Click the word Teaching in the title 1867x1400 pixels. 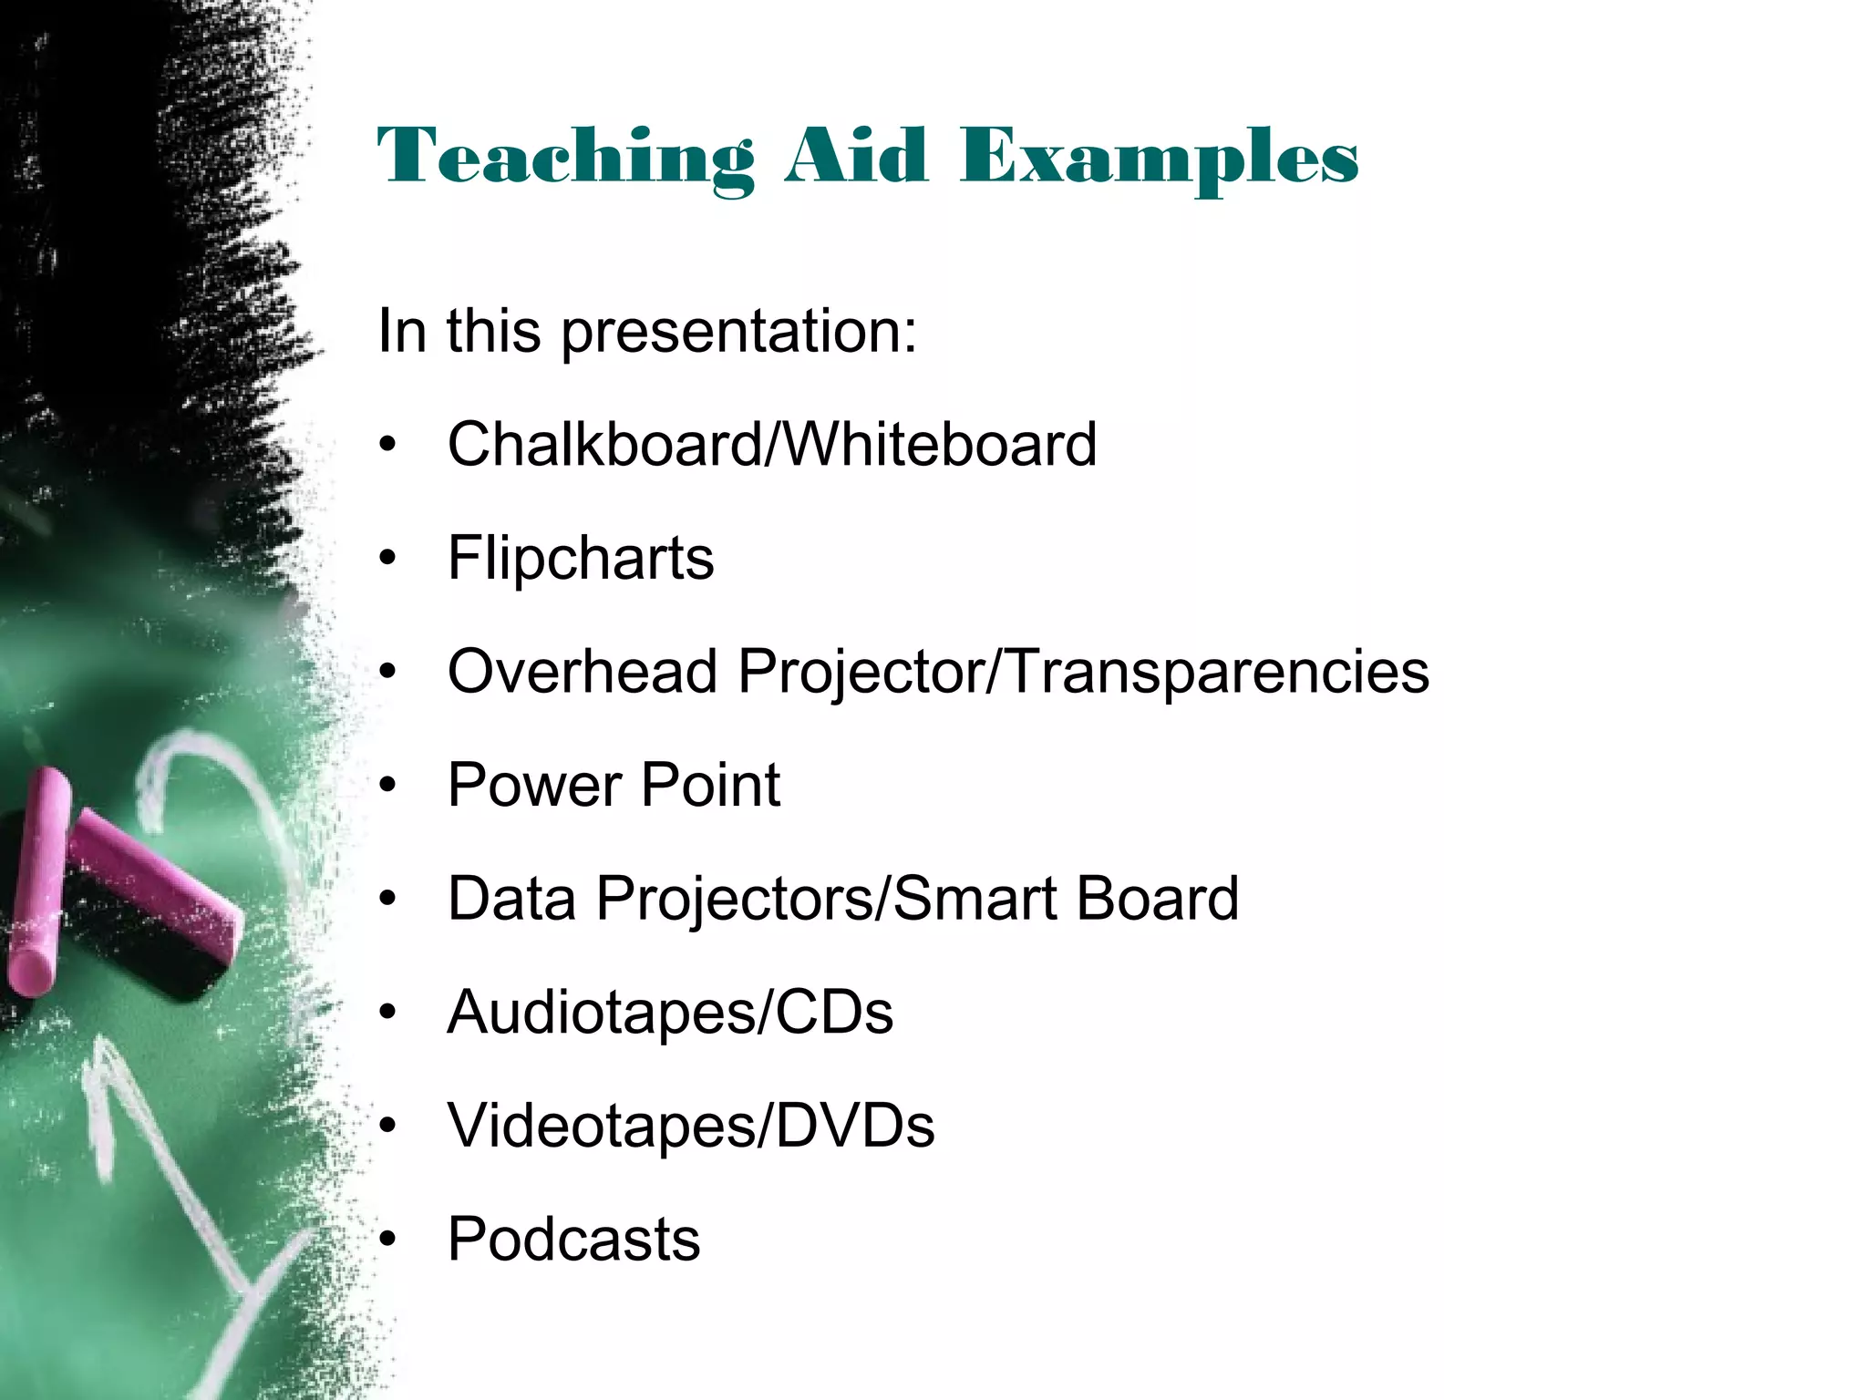click(565, 158)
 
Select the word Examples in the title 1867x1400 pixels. click(1159, 158)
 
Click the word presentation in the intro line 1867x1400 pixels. click(738, 331)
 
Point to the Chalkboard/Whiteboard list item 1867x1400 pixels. click(771, 445)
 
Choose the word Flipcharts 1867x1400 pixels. click(581, 558)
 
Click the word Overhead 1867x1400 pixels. click(582, 672)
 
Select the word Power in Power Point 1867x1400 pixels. click(534, 785)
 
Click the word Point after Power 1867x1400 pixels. click(710, 785)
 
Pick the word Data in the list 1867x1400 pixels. click(511, 899)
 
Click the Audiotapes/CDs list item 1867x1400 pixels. click(670, 1013)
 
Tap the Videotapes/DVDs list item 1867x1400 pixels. click(690, 1126)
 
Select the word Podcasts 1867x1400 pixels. click(573, 1240)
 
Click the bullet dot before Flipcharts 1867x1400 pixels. click(389, 558)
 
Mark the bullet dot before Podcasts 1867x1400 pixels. click(389, 1240)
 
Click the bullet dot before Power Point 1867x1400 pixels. click(389, 785)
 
